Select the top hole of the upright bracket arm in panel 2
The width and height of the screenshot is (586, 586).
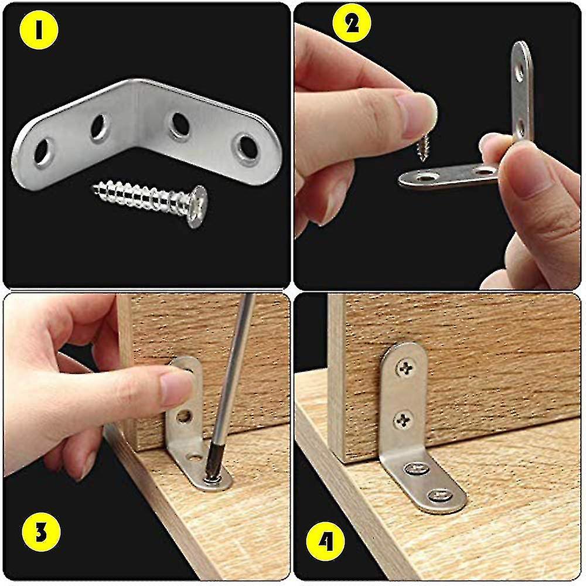point(519,73)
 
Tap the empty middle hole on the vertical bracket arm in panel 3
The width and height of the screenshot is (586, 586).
point(183,417)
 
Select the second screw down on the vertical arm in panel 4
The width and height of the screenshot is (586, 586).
point(403,418)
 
